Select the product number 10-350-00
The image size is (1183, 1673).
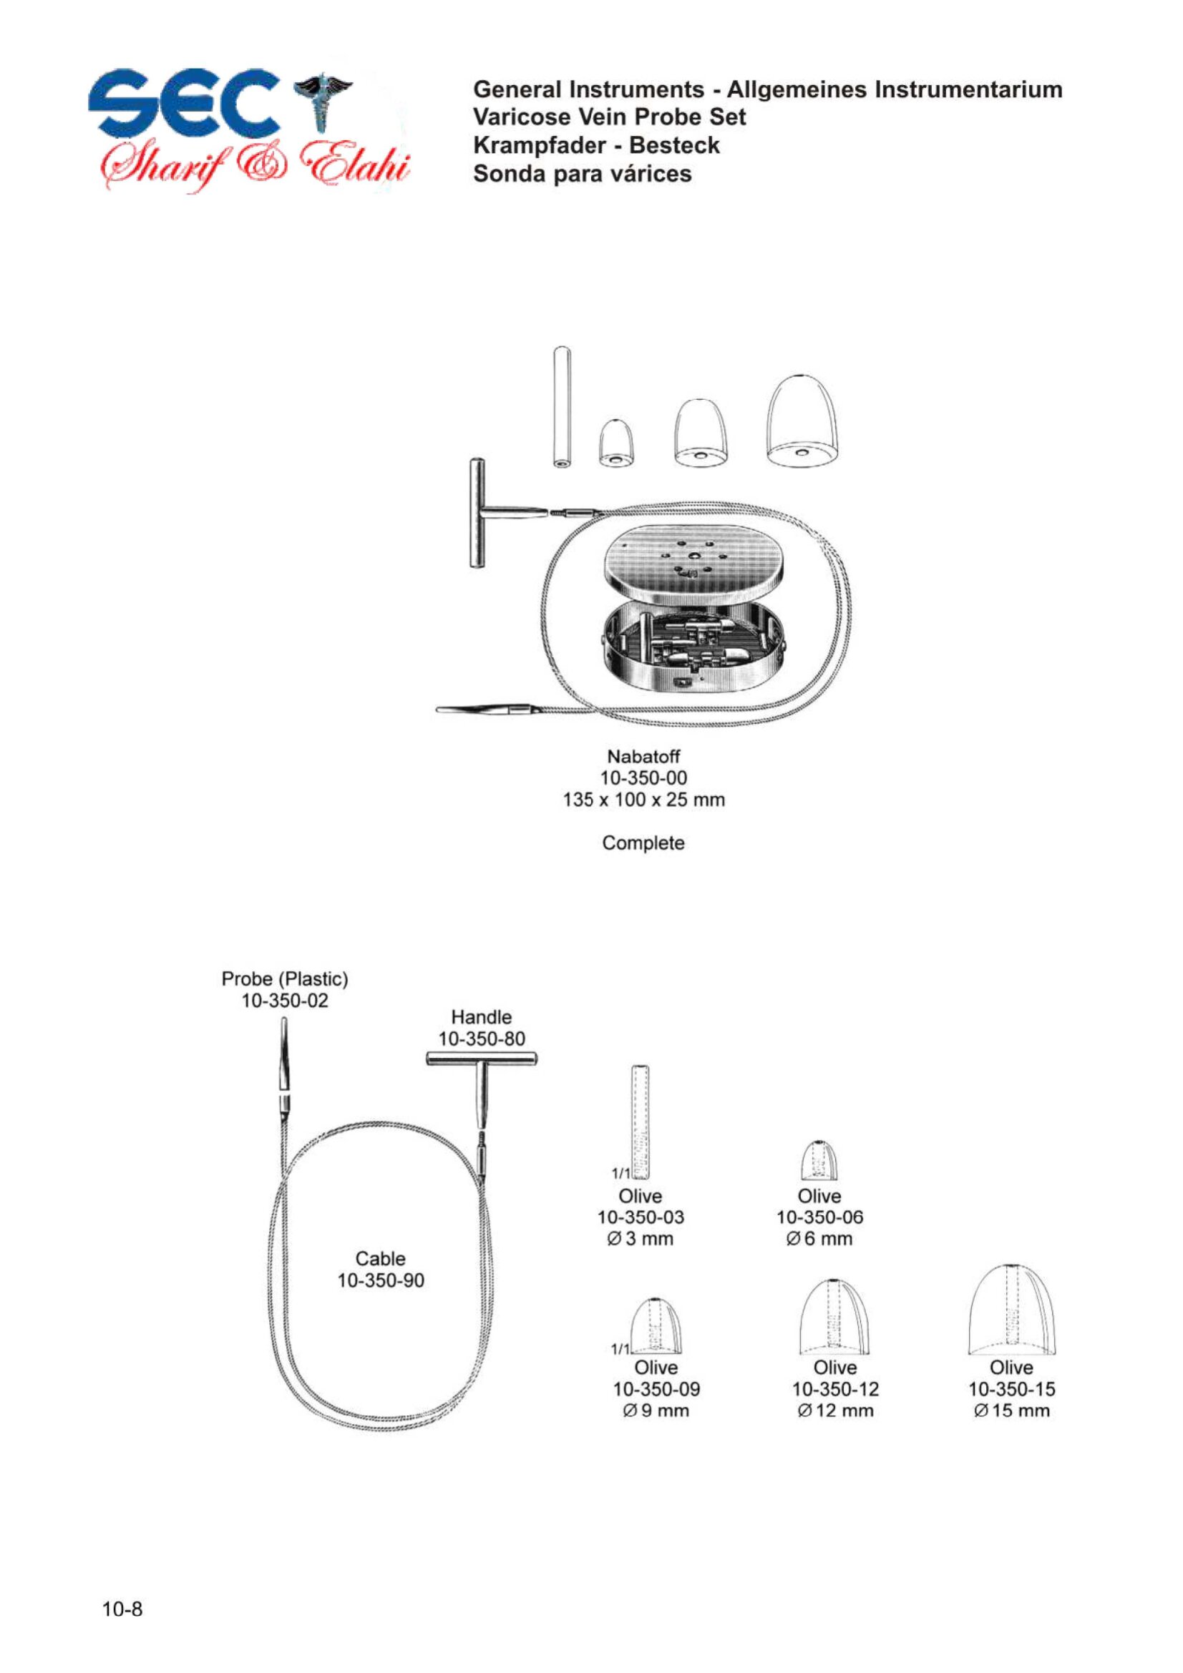tap(643, 778)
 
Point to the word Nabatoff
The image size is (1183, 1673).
tap(643, 756)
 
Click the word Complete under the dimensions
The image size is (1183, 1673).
tap(643, 843)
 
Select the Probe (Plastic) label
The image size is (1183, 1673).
tap(285, 979)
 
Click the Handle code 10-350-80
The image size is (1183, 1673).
tap(482, 1039)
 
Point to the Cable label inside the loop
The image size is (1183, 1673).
tap(381, 1258)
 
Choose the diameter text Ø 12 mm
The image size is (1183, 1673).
tap(835, 1410)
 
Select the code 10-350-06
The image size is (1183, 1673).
tap(820, 1217)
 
